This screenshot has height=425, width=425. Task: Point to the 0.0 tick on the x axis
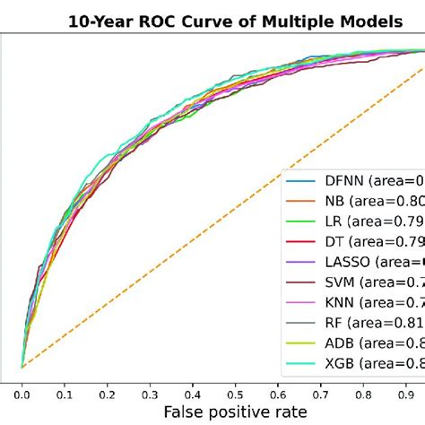pyautogui.click(x=22, y=392)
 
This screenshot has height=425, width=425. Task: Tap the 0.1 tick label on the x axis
pyautogui.click(x=64, y=392)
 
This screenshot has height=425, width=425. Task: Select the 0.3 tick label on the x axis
pyautogui.click(x=149, y=392)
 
